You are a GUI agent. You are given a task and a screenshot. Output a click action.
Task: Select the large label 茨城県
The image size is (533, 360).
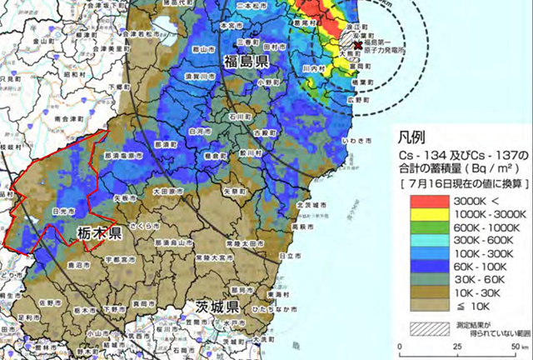[219, 307]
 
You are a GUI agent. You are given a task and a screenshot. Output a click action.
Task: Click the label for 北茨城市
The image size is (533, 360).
[309, 204]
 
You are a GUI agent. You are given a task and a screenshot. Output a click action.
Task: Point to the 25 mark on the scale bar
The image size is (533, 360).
[455, 347]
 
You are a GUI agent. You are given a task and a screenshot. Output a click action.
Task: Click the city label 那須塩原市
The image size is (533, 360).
[121, 155]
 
